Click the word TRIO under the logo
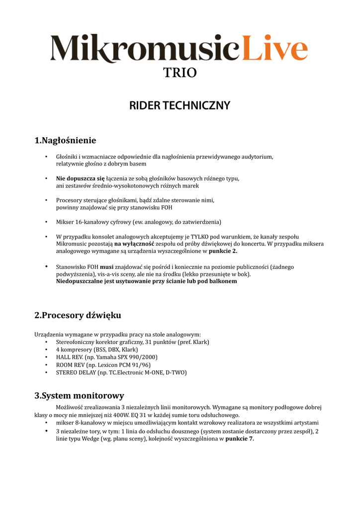click(180, 73)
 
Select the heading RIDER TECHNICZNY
click(180, 105)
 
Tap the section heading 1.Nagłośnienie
click(65, 141)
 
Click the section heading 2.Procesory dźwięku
click(78, 315)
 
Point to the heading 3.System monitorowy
click(79, 396)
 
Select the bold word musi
click(107, 267)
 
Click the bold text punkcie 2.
click(223, 251)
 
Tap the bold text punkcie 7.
click(240, 438)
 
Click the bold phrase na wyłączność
click(134, 244)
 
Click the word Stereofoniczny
click(79, 342)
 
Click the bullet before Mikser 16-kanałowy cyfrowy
click(46, 222)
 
